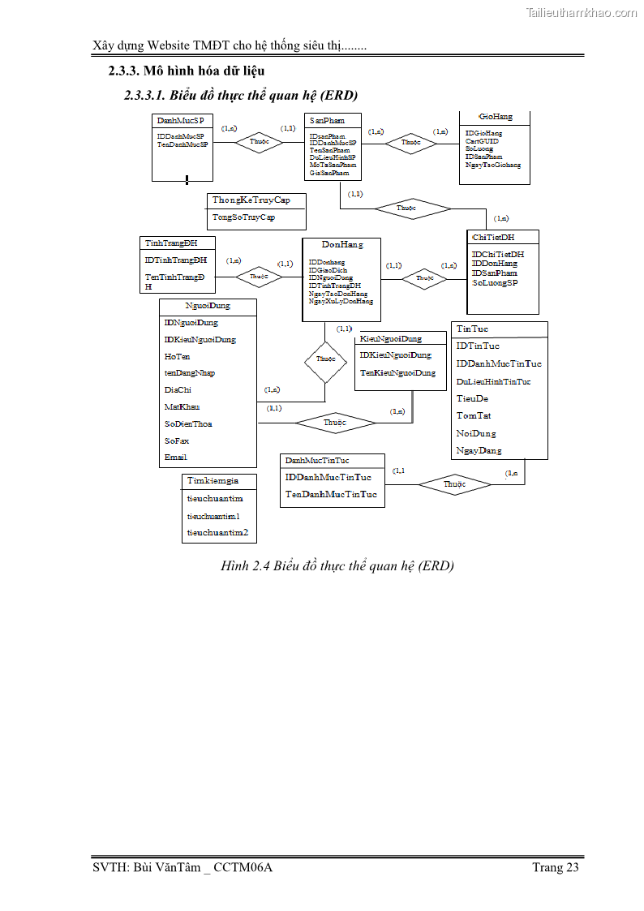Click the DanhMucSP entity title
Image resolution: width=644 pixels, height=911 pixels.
(180, 120)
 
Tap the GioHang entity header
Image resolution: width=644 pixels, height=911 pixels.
(496, 118)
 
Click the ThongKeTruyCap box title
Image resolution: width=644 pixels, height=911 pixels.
(251, 200)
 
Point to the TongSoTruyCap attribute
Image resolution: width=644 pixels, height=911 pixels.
(243, 217)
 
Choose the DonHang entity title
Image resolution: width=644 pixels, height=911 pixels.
(342, 244)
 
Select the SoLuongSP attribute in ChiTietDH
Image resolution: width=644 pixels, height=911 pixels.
(495, 283)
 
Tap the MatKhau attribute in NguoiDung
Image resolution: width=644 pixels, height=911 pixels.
(182, 407)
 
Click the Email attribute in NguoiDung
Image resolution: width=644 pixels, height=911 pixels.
(175, 458)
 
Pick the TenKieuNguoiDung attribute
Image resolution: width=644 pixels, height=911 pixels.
(397, 373)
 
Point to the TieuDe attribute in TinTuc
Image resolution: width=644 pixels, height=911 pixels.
(472, 399)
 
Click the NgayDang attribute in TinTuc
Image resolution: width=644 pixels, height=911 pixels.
(479, 450)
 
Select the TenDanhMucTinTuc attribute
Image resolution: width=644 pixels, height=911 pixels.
(331, 494)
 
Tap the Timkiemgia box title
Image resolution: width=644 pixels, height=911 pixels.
(213, 481)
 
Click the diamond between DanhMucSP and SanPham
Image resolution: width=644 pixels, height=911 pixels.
(260, 142)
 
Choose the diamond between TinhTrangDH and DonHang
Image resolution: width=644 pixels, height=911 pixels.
(259, 277)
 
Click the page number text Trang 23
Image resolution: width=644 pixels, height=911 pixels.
(556, 867)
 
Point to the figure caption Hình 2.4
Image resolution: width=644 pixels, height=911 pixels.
(337, 565)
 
